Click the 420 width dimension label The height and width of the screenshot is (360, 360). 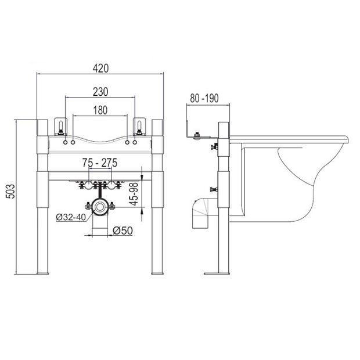coord(100,68)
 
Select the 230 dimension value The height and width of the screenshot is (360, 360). coord(100,92)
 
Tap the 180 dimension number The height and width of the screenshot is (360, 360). coord(100,110)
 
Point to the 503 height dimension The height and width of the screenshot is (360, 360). coord(10,191)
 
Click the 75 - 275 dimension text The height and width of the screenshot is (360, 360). coord(100,163)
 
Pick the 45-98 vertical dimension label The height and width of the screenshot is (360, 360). coord(134,194)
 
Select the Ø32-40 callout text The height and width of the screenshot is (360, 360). coord(71,217)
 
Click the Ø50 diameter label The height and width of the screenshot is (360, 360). coord(123,231)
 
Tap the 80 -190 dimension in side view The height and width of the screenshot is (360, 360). coord(204,98)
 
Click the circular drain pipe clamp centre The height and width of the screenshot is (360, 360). coord(100,207)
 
